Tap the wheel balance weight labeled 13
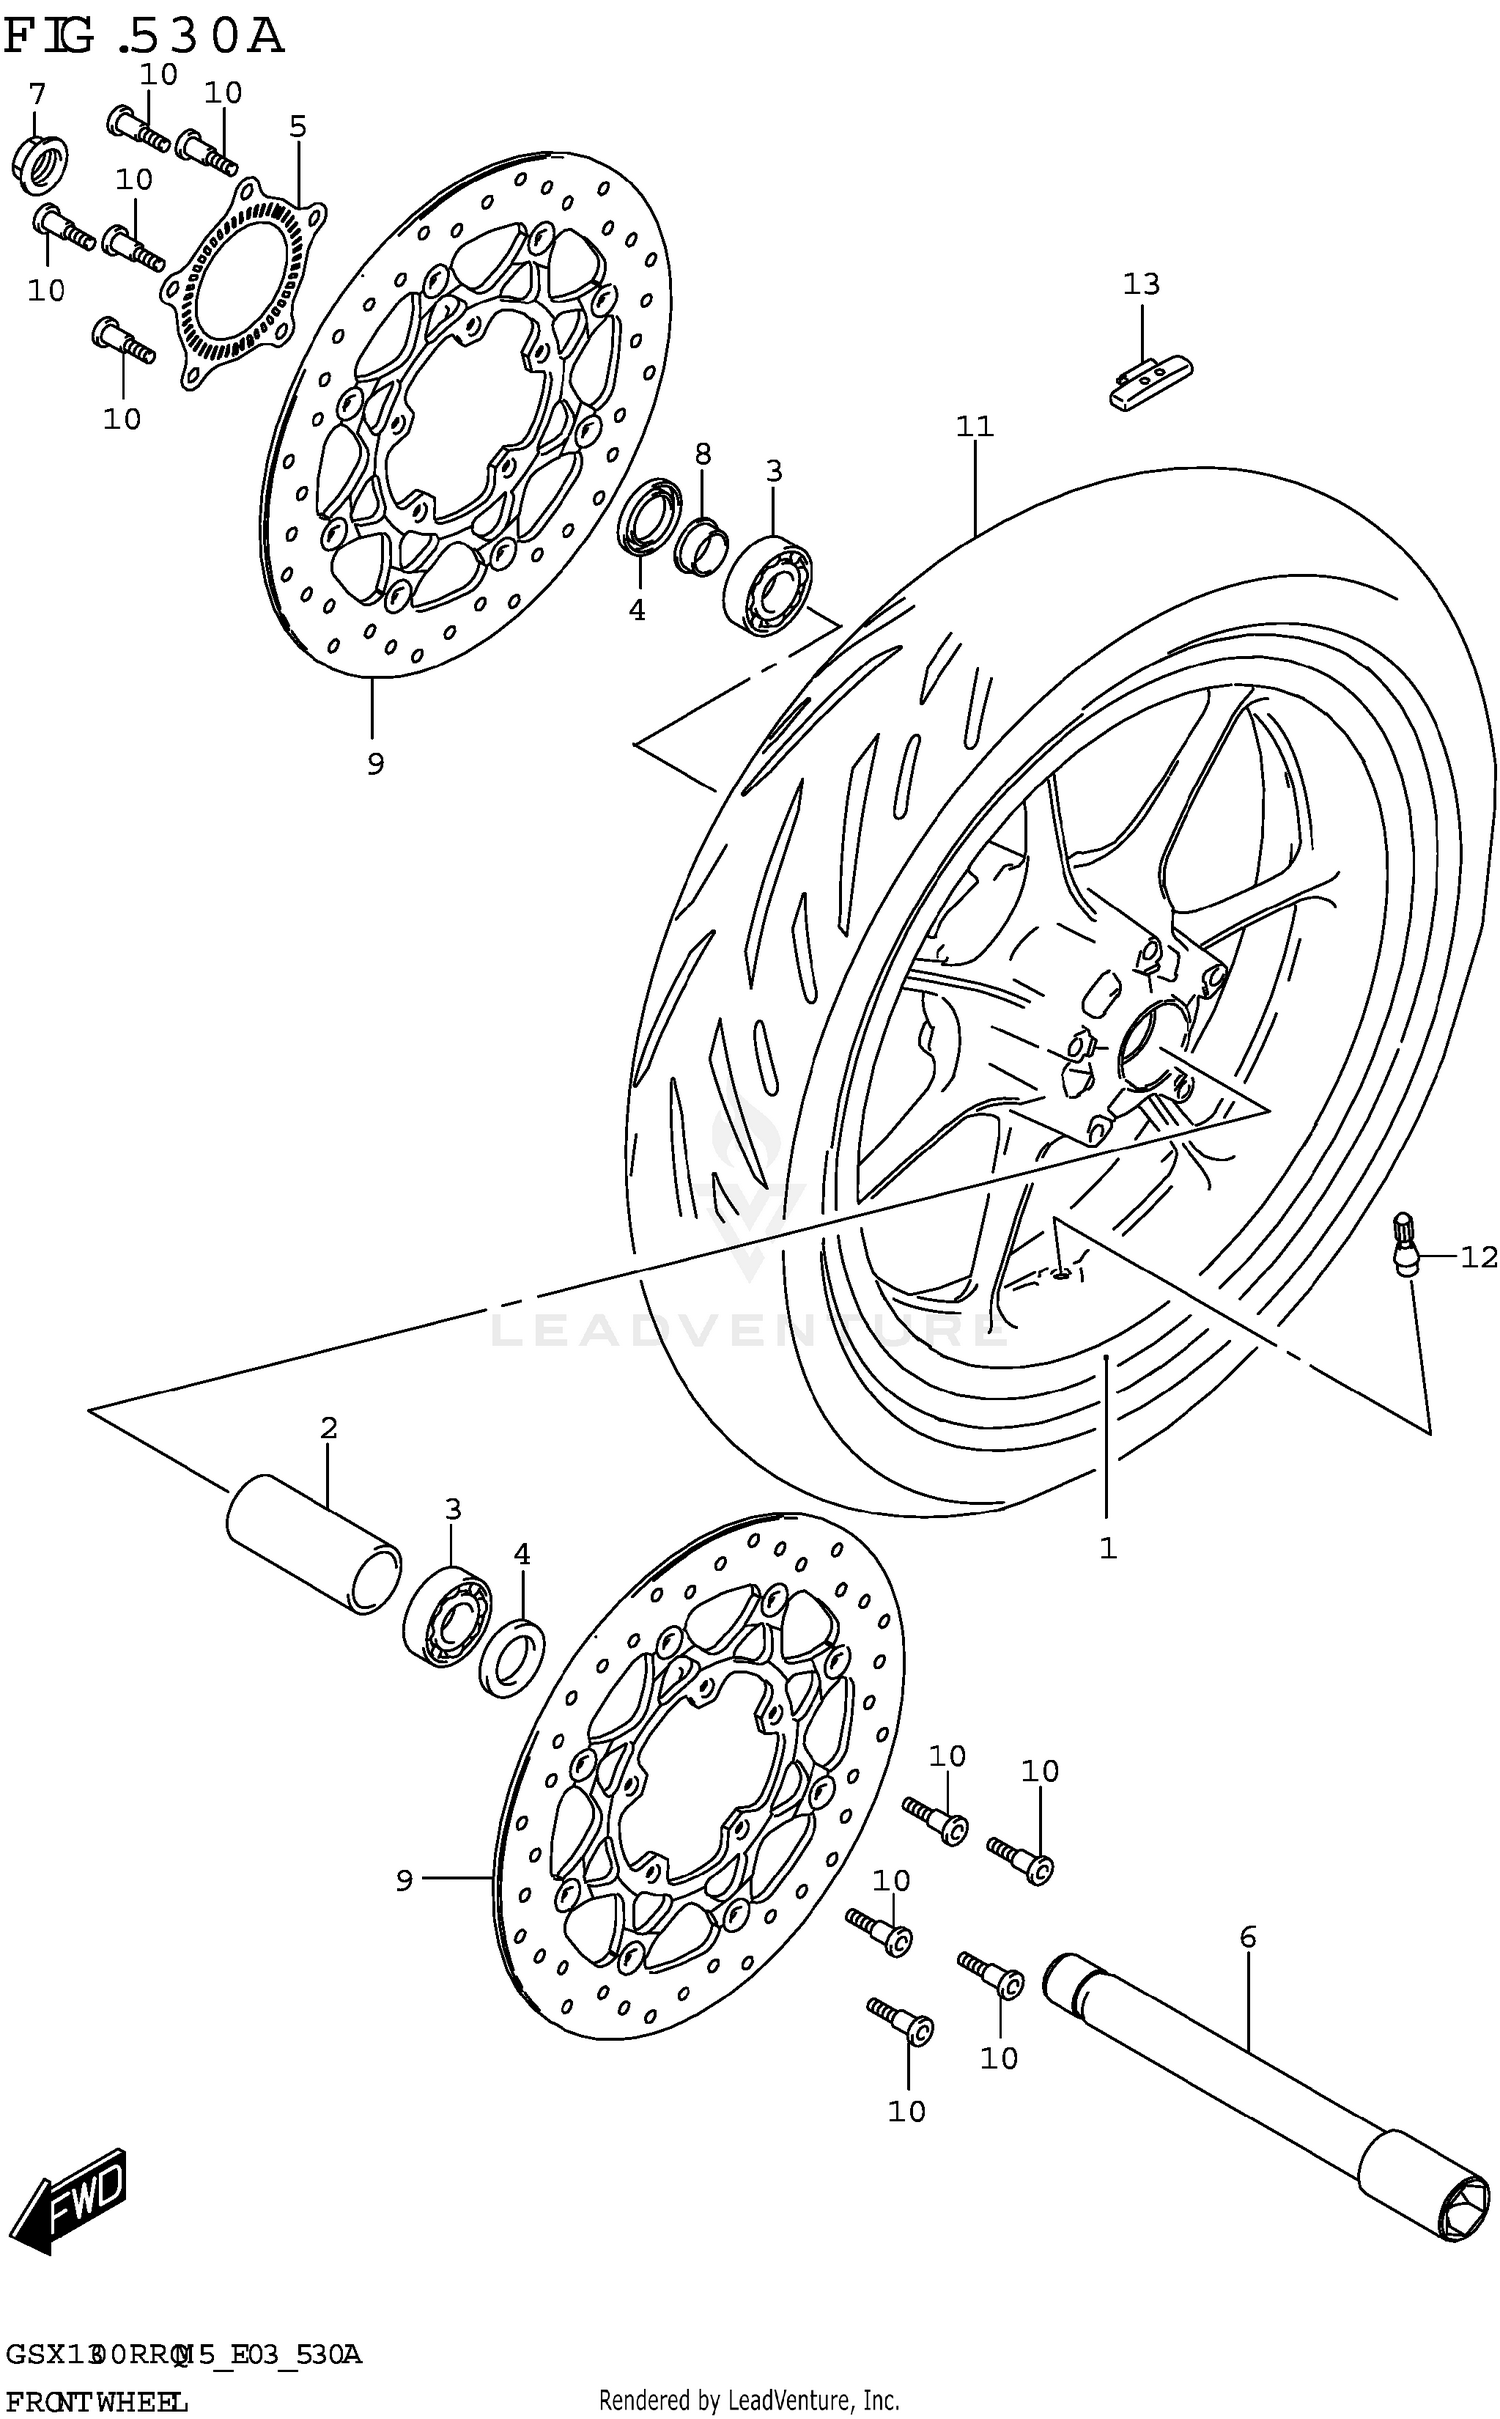point(1150,381)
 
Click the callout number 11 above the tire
point(974,427)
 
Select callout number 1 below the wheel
point(1107,1549)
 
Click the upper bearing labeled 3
point(768,586)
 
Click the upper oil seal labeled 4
point(651,514)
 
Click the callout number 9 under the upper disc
point(375,764)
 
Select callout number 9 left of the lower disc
point(404,1881)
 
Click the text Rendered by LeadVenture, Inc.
point(749,2399)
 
